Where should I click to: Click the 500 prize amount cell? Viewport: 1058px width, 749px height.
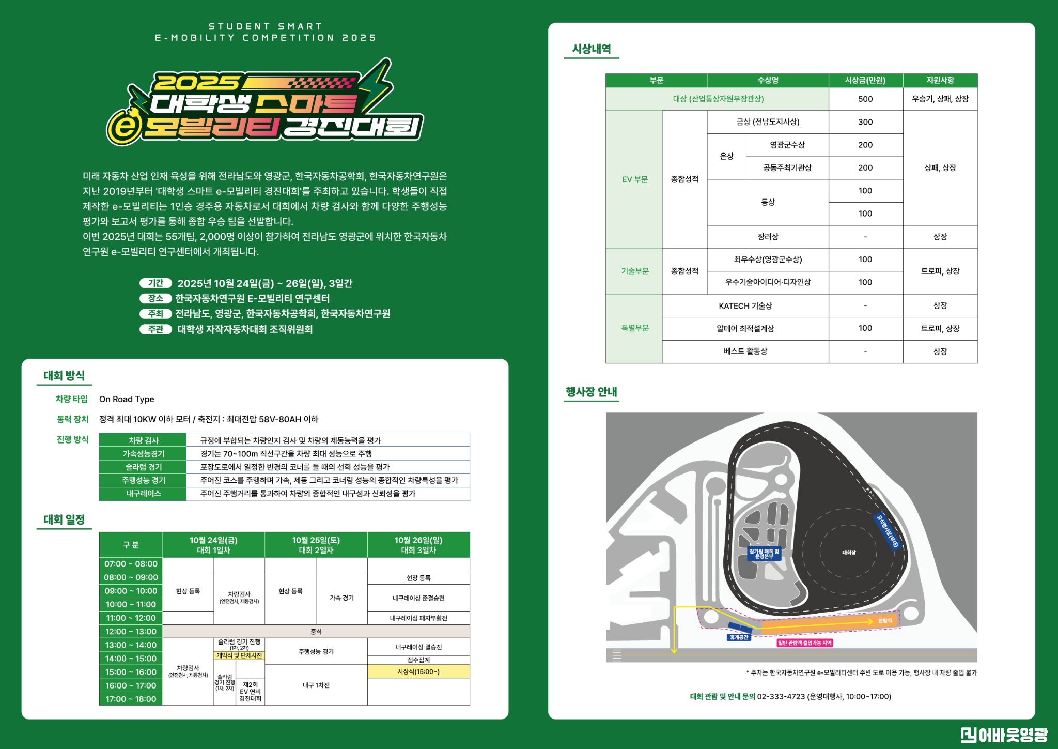[x=865, y=99]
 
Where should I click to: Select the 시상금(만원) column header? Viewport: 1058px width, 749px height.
[x=865, y=80]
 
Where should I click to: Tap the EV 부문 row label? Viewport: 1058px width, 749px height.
[x=634, y=179]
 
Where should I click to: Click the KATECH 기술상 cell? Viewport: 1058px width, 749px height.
[x=745, y=305]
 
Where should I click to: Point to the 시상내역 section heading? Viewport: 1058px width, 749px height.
[x=592, y=49]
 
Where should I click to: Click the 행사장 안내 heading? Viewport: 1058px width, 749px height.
[x=592, y=392]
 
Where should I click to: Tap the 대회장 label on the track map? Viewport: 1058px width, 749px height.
[x=849, y=553]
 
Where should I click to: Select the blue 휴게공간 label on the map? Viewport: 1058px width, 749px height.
[x=739, y=637]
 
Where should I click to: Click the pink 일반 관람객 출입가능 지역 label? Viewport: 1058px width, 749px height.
[x=805, y=643]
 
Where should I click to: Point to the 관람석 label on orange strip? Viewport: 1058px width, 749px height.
[x=885, y=621]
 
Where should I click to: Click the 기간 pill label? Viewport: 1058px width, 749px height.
[x=155, y=283]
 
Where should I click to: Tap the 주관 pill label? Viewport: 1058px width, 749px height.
[x=155, y=329]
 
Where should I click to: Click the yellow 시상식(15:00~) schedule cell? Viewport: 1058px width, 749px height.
[x=418, y=671]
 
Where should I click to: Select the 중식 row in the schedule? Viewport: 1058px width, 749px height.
[x=316, y=631]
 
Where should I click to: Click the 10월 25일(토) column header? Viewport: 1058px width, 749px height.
[x=316, y=545]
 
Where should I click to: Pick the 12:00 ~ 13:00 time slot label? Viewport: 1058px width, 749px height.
[x=131, y=631]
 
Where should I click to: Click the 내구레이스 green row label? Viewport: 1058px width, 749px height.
[x=143, y=494]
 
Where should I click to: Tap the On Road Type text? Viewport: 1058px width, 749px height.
[x=127, y=399]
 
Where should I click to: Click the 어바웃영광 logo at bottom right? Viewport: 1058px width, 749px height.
[x=1004, y=734]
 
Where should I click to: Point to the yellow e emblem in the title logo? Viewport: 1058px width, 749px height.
[x=125, y=126]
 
